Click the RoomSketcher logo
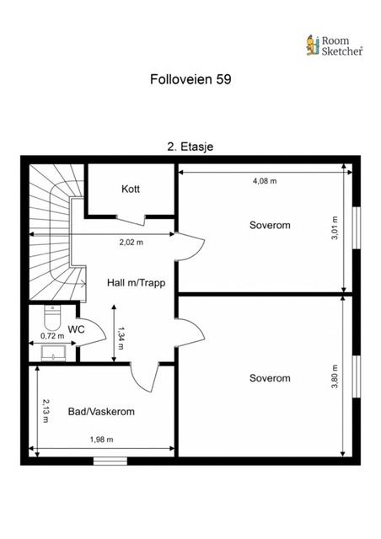[334, 45]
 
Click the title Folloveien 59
[190, 79]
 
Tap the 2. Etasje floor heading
[190, 147]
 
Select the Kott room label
[131, 189]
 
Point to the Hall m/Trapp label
[136, 283]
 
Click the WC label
[76, 329]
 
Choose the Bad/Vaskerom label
[101, 412]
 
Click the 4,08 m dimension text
[265, 181]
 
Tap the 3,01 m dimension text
[335, 228]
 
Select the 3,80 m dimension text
[335, 376]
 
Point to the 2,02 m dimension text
[131, 243]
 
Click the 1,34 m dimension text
[121, 339]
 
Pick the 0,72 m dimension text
[52, 336]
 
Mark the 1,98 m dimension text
[101, 440]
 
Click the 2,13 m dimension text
[46, 410]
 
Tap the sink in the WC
[53, 354]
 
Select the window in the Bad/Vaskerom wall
[110, 461]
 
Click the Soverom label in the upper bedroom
[270, 225]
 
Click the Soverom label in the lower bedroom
[270, 378]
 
